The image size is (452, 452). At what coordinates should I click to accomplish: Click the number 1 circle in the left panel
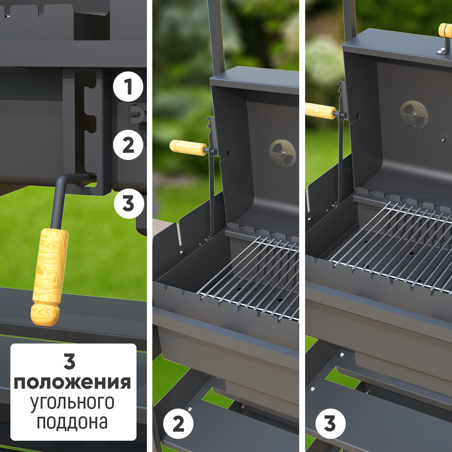tap(128, 86)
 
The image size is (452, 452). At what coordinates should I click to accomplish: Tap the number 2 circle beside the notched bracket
tap(128, 145)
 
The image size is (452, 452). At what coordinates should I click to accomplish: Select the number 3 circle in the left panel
tap(128, 203)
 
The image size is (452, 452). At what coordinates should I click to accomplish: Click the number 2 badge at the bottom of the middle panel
tap(178, 424)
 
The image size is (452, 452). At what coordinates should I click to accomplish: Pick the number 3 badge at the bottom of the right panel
tap(330, 424)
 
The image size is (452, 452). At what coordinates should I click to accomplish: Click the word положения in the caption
tap(72, 383)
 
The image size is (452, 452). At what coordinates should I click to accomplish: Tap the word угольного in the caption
tap(72, 402)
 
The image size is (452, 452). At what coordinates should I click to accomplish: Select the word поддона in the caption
tap(72, 421)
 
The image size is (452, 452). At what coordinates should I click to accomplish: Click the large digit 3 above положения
tap(70, 362)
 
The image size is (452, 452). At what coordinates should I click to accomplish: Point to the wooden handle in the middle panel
tap(188, 148)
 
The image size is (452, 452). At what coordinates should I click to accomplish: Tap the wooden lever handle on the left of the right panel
tap(320, 111)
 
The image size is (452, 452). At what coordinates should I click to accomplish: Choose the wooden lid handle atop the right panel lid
tap(445, 30)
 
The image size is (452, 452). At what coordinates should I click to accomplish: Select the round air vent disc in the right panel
tap(414, 115)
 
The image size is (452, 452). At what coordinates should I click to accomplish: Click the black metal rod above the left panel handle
tap(59, 199)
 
